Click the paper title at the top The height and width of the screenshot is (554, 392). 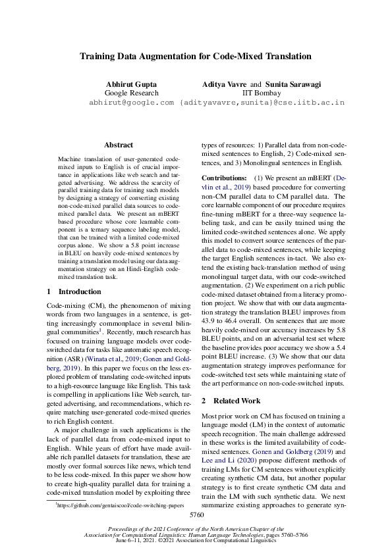[x=196, y=57]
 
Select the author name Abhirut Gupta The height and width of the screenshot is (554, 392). [x=132, y=85]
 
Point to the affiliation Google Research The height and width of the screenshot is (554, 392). [x=132, y=94]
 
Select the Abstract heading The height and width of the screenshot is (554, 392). [x=119, y=145]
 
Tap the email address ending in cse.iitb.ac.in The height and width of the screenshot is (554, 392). [x=262, y=103]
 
